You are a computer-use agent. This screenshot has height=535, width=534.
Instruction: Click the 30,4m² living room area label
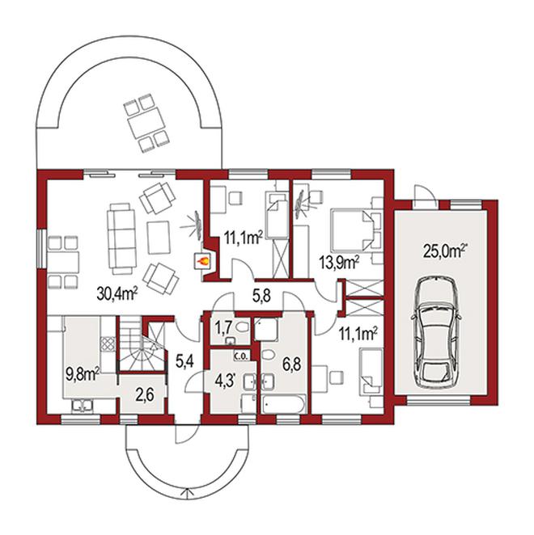click(x=117, y=293)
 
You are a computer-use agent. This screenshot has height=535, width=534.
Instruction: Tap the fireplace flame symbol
click(x=202, y=262)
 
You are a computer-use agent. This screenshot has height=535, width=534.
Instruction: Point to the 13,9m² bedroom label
click(x=338, y=263)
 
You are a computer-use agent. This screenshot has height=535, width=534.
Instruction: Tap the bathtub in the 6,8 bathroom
click(x=284, y=404)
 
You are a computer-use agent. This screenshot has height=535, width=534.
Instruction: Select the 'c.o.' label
click(x=241, y=356)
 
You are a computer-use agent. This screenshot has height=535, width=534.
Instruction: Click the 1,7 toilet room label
click(x=223, y=328)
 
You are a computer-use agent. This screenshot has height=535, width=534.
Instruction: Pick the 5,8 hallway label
click(x=261, y=296)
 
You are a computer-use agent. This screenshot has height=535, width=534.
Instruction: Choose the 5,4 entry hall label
click(x=184, y=361)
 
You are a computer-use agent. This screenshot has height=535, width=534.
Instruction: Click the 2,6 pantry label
click(x=145, y=395)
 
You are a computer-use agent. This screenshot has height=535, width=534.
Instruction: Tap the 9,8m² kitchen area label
click(x=83, y=374)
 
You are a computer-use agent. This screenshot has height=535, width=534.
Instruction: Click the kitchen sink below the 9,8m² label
click(x=82, y=406)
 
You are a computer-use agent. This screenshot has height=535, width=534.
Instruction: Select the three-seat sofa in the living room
click(x=121, y=238)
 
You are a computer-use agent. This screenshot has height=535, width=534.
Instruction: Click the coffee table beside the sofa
click(x=159, y=238)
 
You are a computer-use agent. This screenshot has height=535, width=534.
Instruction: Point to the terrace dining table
click(x=146, y=123)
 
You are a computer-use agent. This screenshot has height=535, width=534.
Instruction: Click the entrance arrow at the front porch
click(x=187, y=494)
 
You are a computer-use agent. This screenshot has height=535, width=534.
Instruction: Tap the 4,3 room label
click(x=226, y=381)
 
